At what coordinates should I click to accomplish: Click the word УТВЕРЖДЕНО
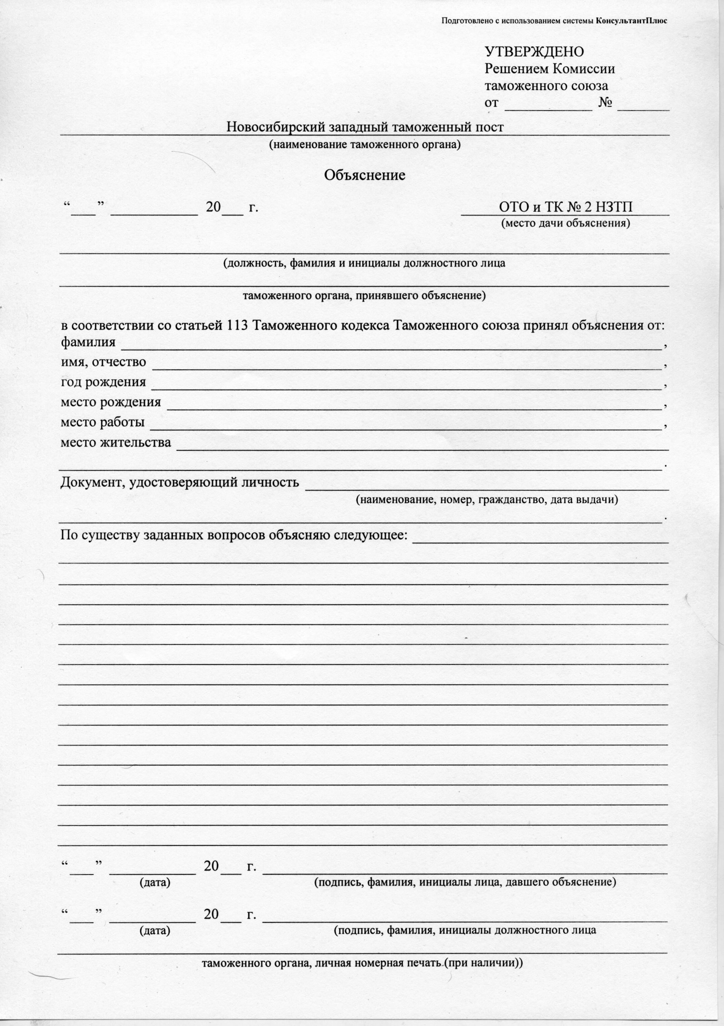(x=534, y=52)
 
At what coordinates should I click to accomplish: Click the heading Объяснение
(x=364, y=175)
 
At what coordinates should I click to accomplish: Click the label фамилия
(x=88, y=343)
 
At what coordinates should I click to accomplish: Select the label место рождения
(x=111, y=402)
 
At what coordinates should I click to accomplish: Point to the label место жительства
(x=116, y=443)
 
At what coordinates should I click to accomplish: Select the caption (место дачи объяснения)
(x=566, y=223)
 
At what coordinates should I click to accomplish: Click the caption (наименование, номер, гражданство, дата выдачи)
(x=487, y=500)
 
